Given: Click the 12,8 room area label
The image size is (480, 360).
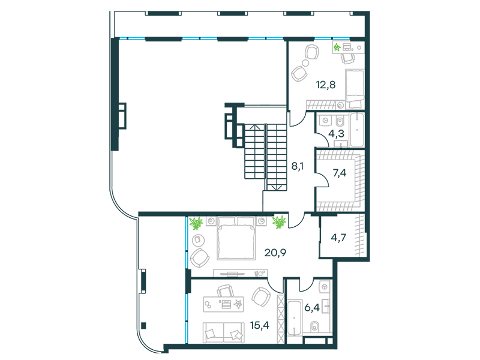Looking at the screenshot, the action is [326, 85].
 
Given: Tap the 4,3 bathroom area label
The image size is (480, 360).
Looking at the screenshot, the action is [336, 133].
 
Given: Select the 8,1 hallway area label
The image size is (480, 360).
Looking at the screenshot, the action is [297, 166].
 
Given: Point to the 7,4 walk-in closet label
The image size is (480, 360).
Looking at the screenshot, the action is [340, 173].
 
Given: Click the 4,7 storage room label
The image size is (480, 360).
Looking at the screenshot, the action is [338, 238].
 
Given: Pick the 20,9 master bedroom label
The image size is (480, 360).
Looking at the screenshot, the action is [275, 253].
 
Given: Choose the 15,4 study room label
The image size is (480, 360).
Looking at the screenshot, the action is [260, 325].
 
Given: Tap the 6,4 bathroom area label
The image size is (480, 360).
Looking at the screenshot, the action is [312, 307].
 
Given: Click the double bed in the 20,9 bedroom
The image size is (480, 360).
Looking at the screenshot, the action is [236, 238].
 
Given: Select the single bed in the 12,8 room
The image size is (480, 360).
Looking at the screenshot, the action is [355, 89].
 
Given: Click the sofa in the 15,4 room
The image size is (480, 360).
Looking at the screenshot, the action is [224, 332].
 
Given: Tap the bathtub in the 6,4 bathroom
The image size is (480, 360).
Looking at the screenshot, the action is [295, 319].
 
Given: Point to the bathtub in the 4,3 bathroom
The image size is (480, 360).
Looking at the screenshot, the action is [357, 130].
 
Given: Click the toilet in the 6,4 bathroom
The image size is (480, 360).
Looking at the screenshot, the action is [314, 326].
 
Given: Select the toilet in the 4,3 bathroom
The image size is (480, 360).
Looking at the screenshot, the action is [340, 121].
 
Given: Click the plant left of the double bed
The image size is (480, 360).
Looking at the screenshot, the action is [196, 223].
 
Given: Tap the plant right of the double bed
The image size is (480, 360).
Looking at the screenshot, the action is [279, 222].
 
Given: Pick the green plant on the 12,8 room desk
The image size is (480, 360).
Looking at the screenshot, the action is [337, 47].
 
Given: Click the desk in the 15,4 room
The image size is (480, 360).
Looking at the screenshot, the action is [224, 304].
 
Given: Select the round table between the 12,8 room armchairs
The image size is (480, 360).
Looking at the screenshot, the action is [305, 64].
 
